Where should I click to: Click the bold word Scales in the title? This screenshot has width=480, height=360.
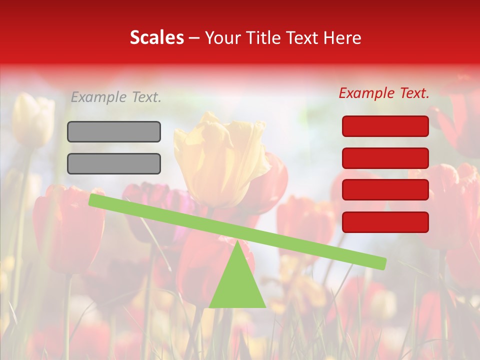tap(156, 38)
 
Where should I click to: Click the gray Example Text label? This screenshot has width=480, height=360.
tap(116, 97)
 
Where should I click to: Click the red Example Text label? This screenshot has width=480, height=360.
tap(384, 93)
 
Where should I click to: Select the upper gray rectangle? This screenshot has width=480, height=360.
tap(114, 131)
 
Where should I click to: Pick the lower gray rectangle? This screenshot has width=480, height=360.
tap(114, 163)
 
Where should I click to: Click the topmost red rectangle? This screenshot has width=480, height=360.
tap(385, 126)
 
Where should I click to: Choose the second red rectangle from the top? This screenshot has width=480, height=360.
tap(385, 158)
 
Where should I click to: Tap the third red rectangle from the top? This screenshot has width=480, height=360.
tap(385, 190)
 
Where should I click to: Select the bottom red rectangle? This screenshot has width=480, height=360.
tap(385, 222)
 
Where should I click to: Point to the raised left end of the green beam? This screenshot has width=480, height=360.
tap(93, 200)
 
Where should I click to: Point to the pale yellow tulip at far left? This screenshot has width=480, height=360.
tap(32, 120)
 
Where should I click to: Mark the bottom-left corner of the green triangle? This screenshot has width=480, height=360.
tap(209, 307)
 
